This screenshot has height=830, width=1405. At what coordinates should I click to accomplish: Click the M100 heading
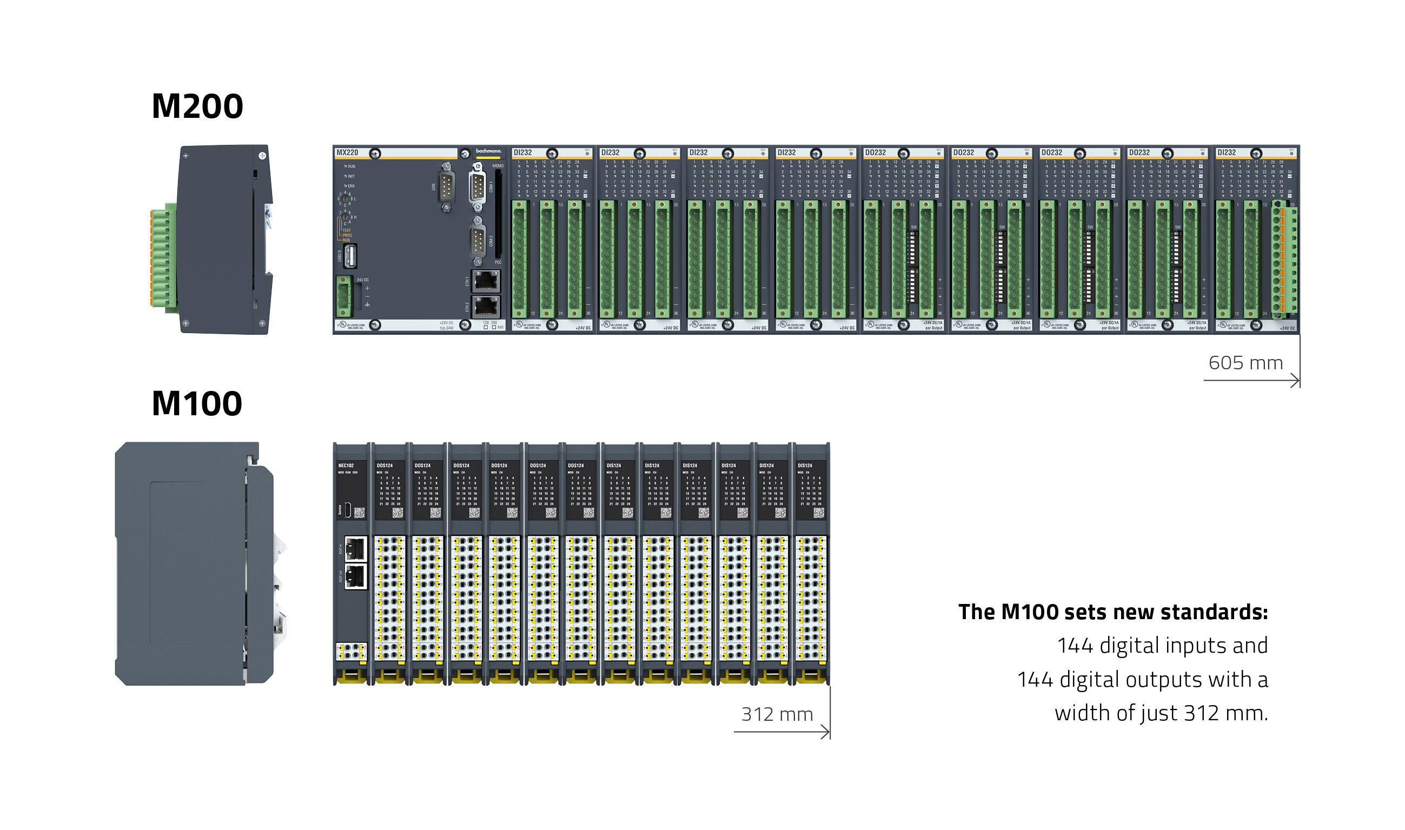(x=197, y=403)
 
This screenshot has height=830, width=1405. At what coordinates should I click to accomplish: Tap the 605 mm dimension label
(x=1245, y=363)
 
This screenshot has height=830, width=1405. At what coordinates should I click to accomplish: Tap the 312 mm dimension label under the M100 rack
(x=777, y=714)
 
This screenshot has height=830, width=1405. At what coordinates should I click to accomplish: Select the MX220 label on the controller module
(x=347, y=152)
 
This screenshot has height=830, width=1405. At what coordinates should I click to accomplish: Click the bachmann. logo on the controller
(x=488, y=151)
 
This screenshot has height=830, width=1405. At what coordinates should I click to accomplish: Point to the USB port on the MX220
(x=350, y=256)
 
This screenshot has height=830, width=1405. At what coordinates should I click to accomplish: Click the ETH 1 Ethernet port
(x=486, y=281)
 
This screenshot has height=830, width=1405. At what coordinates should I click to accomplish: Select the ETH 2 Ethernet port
(x=486, y=307)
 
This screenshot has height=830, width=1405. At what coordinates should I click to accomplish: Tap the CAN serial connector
(x=446, y=187)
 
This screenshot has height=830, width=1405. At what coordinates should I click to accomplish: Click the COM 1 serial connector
(x=477, y=187)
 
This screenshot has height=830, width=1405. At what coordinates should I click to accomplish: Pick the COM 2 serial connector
(x=477, y=241)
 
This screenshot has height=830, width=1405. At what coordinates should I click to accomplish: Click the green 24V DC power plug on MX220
(x=344, y=296)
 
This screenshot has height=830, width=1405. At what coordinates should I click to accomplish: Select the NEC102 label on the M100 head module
(x=346, y=466)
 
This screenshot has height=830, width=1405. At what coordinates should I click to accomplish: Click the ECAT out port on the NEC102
(x=355, y=575)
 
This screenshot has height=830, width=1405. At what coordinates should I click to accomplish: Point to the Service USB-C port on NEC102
(x=347, y=509)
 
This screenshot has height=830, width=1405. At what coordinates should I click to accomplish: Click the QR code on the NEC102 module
(x=360, y=512)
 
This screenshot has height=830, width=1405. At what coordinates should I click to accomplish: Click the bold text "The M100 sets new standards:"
(x=1112, y=612)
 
